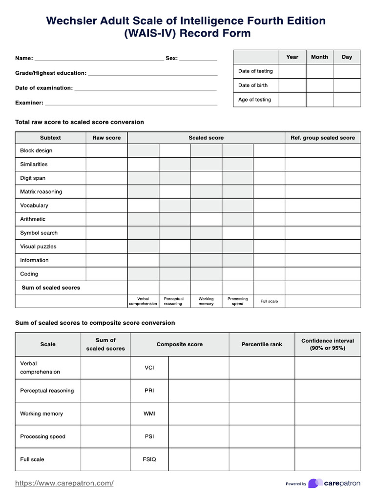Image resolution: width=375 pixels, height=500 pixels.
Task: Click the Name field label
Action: point(24,58)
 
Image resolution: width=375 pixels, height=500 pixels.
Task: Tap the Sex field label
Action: point(172,58)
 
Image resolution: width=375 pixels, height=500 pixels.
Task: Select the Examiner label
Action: point(29,103)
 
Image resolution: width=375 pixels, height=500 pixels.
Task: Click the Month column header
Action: point(319,57)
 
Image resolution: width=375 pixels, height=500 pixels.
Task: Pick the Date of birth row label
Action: point(253,85)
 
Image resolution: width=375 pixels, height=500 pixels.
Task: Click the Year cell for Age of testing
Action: point(292,100)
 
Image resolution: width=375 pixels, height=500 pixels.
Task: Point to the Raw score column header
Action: point(106,138)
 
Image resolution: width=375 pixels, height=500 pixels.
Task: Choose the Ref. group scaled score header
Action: point(323,138)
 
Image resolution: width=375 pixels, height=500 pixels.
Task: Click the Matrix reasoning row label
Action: point(41,192)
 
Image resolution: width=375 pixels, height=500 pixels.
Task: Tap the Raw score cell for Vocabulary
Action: point(106,206)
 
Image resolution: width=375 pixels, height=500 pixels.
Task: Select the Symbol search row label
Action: point(39,233)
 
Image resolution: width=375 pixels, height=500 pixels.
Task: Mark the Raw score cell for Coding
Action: point(106,274)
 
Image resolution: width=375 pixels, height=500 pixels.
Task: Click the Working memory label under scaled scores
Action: point(206,301)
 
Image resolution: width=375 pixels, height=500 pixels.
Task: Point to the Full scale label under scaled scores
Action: point(269,301)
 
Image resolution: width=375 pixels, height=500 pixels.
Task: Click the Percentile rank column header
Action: point(262,344)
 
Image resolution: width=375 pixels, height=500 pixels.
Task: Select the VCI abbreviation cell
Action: point(149,368)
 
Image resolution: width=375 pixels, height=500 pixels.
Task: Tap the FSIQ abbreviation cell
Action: point(149,459)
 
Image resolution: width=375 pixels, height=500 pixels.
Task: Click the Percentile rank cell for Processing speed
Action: point(262,437)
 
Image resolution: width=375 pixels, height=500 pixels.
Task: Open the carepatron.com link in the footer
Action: point(64,483)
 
